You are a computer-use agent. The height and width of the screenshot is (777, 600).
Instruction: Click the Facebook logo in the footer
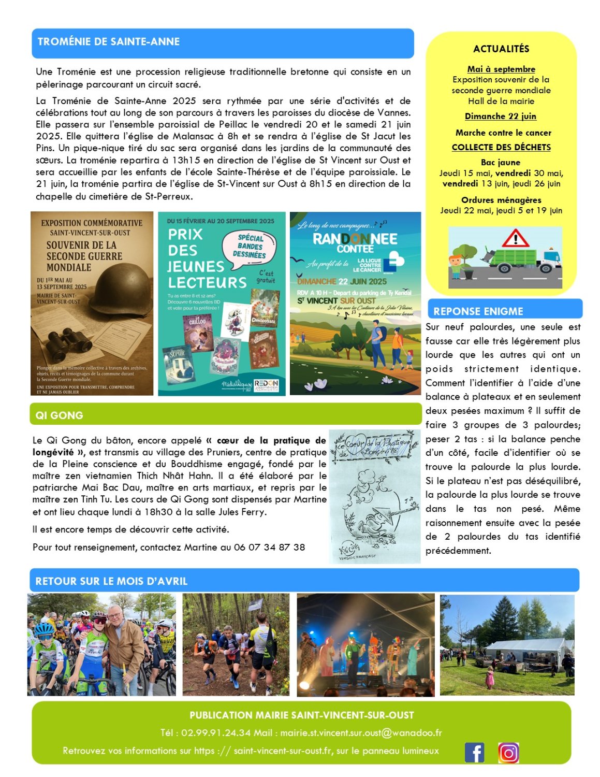(474, 752)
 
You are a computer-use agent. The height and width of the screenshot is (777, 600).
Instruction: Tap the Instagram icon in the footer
(508, 753)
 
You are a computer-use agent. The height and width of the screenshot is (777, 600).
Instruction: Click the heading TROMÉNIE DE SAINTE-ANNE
(109, 42)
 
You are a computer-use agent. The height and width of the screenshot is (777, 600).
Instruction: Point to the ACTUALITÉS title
(501, 49)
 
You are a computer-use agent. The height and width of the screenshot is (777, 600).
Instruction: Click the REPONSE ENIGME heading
(478, 311)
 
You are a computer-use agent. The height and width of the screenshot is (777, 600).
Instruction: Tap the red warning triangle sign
(515, 239)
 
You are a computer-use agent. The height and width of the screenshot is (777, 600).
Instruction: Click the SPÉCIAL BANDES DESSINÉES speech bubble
(250, 247)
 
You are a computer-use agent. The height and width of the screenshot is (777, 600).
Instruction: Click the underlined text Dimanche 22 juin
(500, 117)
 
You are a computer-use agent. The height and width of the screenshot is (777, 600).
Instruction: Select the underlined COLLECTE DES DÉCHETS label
(501, 148)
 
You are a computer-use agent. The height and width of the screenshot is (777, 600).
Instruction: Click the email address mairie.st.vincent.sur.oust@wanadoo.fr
(361, 733)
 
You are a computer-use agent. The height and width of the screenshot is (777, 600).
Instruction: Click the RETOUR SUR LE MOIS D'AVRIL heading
(111, 581)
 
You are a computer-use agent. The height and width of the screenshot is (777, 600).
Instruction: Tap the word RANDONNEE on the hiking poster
(355, 239)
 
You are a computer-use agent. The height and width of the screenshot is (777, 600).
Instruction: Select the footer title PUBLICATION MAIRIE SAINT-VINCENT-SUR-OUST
(301, 715)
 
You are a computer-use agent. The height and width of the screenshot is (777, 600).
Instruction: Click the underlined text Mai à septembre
(501, 69)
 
